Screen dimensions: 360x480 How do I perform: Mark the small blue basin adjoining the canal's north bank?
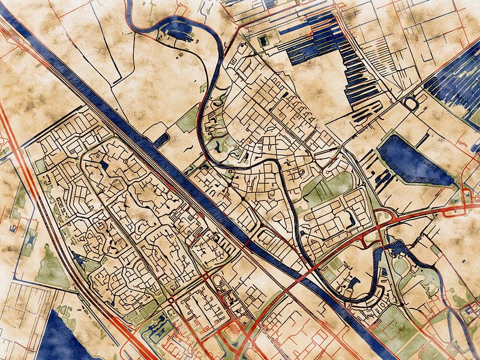161,140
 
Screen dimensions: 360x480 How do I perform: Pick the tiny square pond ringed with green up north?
263,41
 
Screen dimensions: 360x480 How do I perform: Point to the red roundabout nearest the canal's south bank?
206,277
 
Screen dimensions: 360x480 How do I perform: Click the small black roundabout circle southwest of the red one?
170,299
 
